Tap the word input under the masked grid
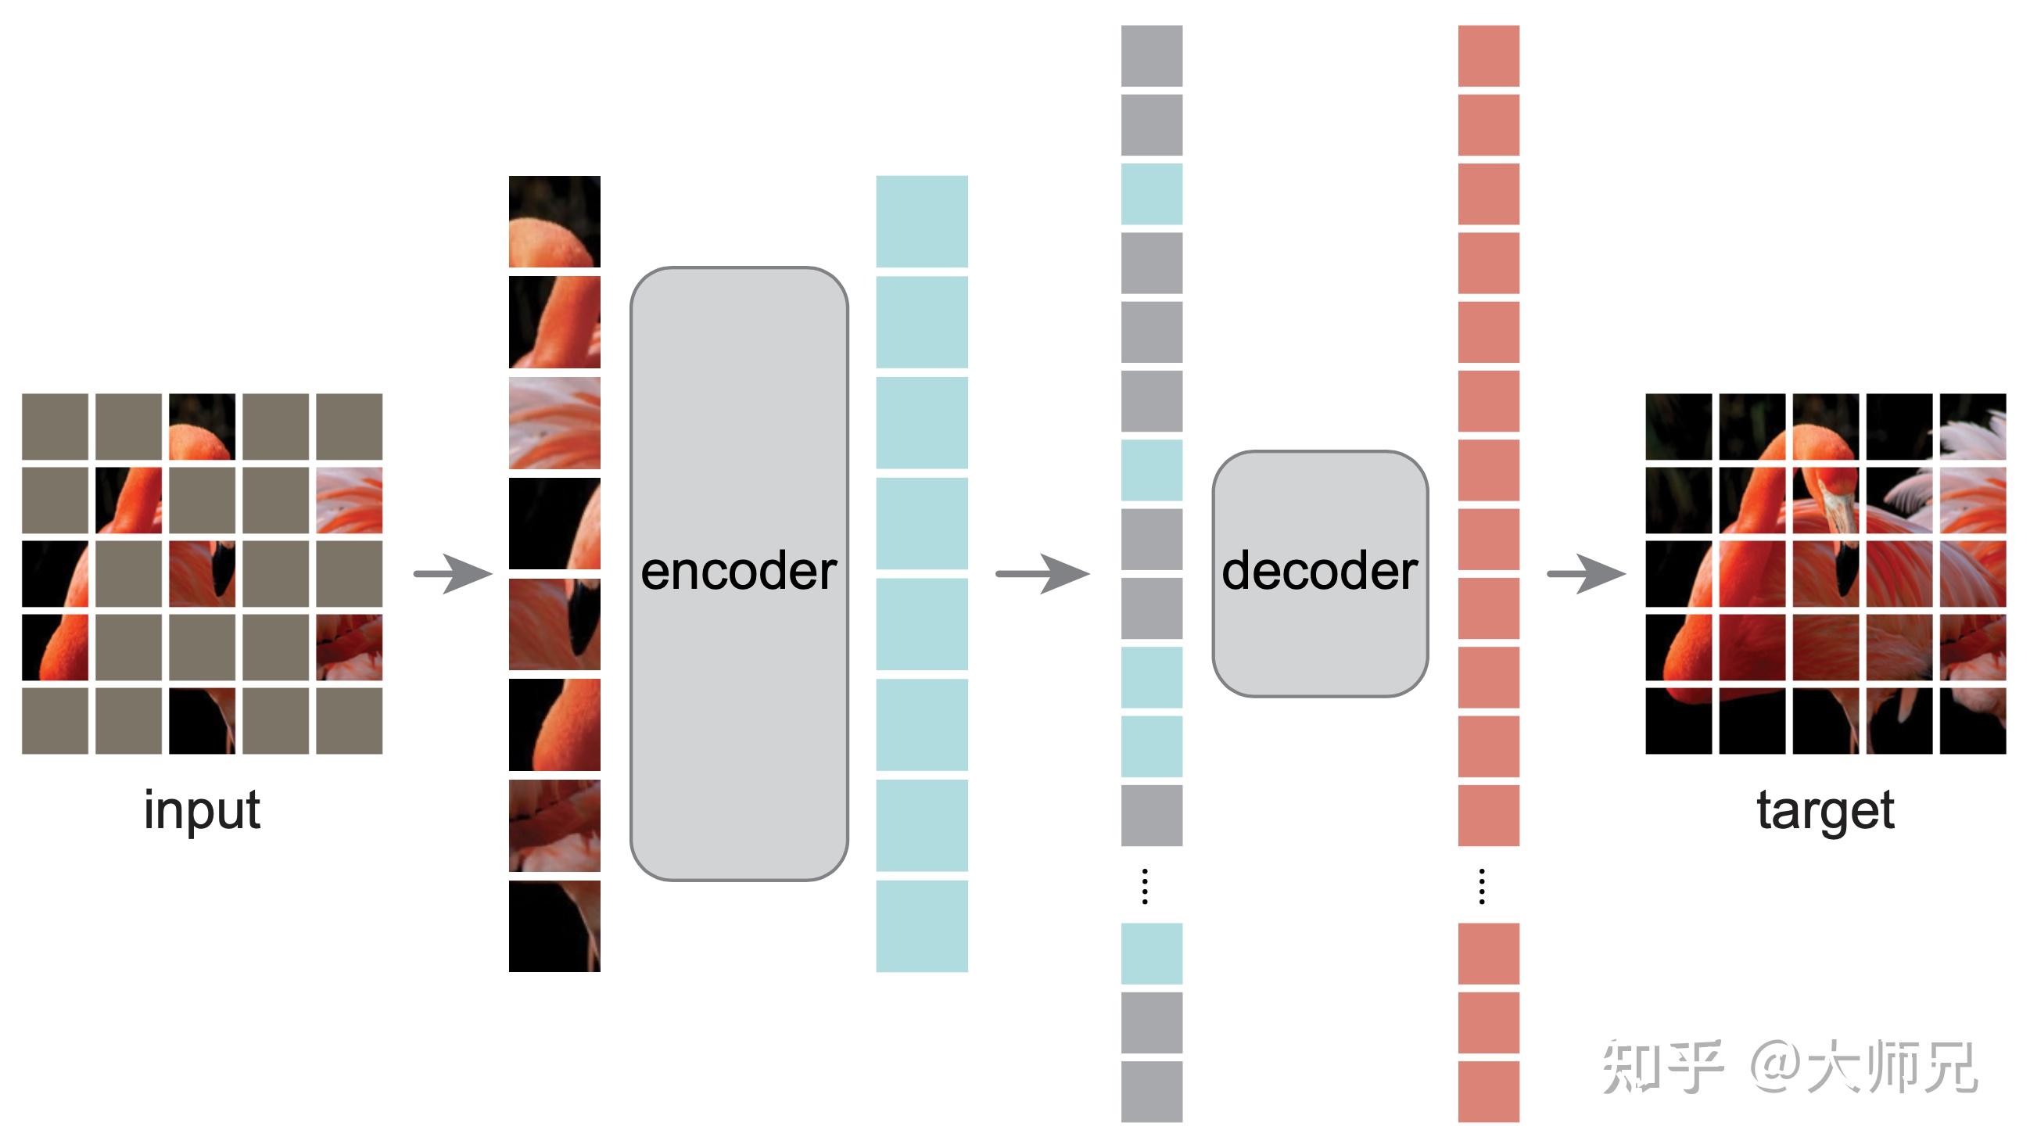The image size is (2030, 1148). (202, 809)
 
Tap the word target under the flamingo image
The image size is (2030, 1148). (1825, 809)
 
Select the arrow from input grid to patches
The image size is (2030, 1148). (453, 573)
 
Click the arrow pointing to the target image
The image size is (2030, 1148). (1585, 573)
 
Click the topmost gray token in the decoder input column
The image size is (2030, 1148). (1151, 56)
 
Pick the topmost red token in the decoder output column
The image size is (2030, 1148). (1487, 56)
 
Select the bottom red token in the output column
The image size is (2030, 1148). (1487, 1091)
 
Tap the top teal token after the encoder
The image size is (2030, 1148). (922, 221)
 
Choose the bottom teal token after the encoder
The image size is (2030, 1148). (922, 926)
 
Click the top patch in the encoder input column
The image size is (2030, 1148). (554, 221)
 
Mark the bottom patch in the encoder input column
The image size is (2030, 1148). (554, 926)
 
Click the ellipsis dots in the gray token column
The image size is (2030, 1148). (1145, 885)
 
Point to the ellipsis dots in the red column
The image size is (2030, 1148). (1481, 885)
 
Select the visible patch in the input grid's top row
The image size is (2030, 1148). (202, 426)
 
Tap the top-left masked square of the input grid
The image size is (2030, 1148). (55, 426)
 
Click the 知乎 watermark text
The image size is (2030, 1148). (1662, 1066)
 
